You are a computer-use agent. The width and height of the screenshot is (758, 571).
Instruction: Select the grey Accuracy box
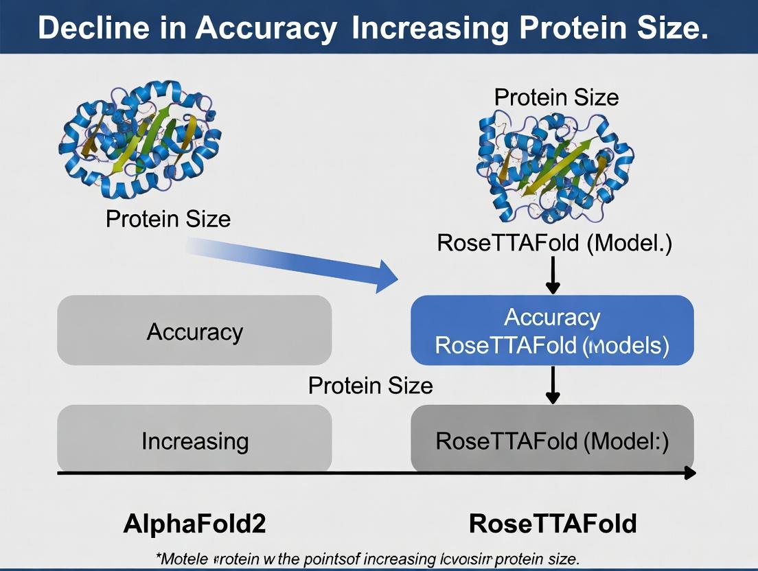[194, 331]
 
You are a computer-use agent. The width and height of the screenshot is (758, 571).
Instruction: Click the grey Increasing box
[194, 440]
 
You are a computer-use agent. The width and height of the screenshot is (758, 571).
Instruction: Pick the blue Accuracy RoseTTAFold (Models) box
[552, 330]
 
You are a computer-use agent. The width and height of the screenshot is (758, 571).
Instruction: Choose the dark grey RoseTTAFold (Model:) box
[552, 440]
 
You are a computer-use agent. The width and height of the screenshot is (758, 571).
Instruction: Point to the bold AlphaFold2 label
[194, 524]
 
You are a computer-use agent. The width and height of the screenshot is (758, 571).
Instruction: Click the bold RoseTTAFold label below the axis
[553, 524]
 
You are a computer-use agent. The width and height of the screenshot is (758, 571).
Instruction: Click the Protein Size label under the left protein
[168, 220]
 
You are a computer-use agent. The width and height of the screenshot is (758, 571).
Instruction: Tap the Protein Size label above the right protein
[556, 97]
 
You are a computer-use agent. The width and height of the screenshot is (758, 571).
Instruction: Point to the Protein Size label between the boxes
[371, 386]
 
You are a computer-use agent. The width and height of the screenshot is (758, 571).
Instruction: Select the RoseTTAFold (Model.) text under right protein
[555, 243]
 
